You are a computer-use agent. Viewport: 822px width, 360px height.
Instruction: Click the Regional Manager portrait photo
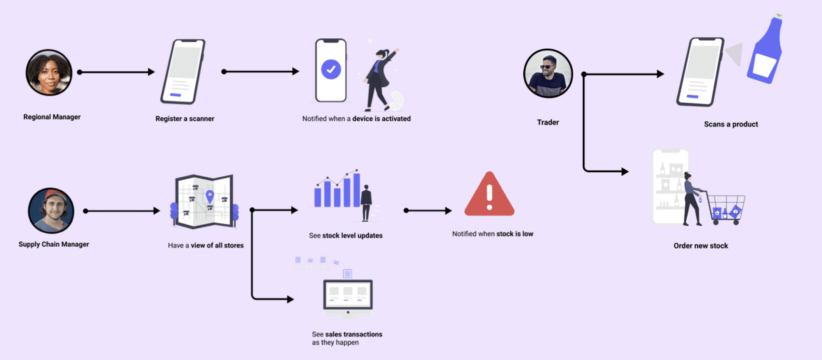click(49, 73)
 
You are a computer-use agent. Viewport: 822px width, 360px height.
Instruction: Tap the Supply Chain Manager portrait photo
click(51, 211)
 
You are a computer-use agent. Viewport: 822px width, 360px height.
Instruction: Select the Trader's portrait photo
click(548, 73)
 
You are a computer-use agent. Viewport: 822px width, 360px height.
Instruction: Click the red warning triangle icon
click(489, 194)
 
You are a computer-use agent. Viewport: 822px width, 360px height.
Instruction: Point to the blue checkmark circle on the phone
click(331, 69)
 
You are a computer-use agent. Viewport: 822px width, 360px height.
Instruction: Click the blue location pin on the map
click(210, 197)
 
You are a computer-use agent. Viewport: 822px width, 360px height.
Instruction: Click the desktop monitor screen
click(348, 294)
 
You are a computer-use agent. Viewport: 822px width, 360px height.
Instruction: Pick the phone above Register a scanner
click(183, 72)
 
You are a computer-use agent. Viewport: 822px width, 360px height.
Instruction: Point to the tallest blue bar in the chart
click(356, 190)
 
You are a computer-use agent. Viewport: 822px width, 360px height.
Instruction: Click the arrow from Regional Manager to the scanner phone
click(116, 72)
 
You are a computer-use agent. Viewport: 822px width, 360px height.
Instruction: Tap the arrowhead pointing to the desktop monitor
click(290, 299)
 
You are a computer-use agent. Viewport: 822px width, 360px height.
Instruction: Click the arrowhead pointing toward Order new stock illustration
click(625, 172)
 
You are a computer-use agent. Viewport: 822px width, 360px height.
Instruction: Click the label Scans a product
click(731, 124)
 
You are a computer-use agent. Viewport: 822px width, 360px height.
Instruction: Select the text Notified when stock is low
click(493, 234)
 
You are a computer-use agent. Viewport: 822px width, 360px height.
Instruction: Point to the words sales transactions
click(354, 334)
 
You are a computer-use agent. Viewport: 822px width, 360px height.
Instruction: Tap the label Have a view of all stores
click(206, 245)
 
